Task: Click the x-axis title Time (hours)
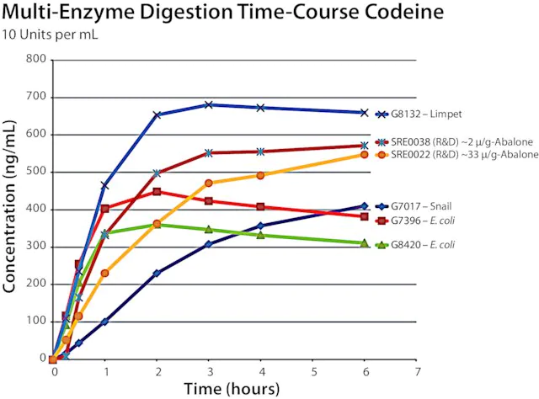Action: pyautogui.click(x=233, y=389)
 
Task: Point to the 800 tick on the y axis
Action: pyautogui.click(x=35, y=59)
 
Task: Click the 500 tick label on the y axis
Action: pyautogui.click(x=35, y=172)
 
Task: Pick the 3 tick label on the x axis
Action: pyautogui.click(x=209, y=370)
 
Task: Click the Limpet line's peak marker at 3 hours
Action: pyautogui.click(x=209, y=104)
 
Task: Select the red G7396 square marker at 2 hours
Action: pyautogui.click(x=157, y=192)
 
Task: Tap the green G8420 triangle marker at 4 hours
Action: pyautogui.click(x=261, y=234)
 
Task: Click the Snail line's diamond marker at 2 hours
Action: pyautogui.click(x=157, y=273)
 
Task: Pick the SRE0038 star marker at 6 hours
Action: pyautogui.click(x=365, y=145)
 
